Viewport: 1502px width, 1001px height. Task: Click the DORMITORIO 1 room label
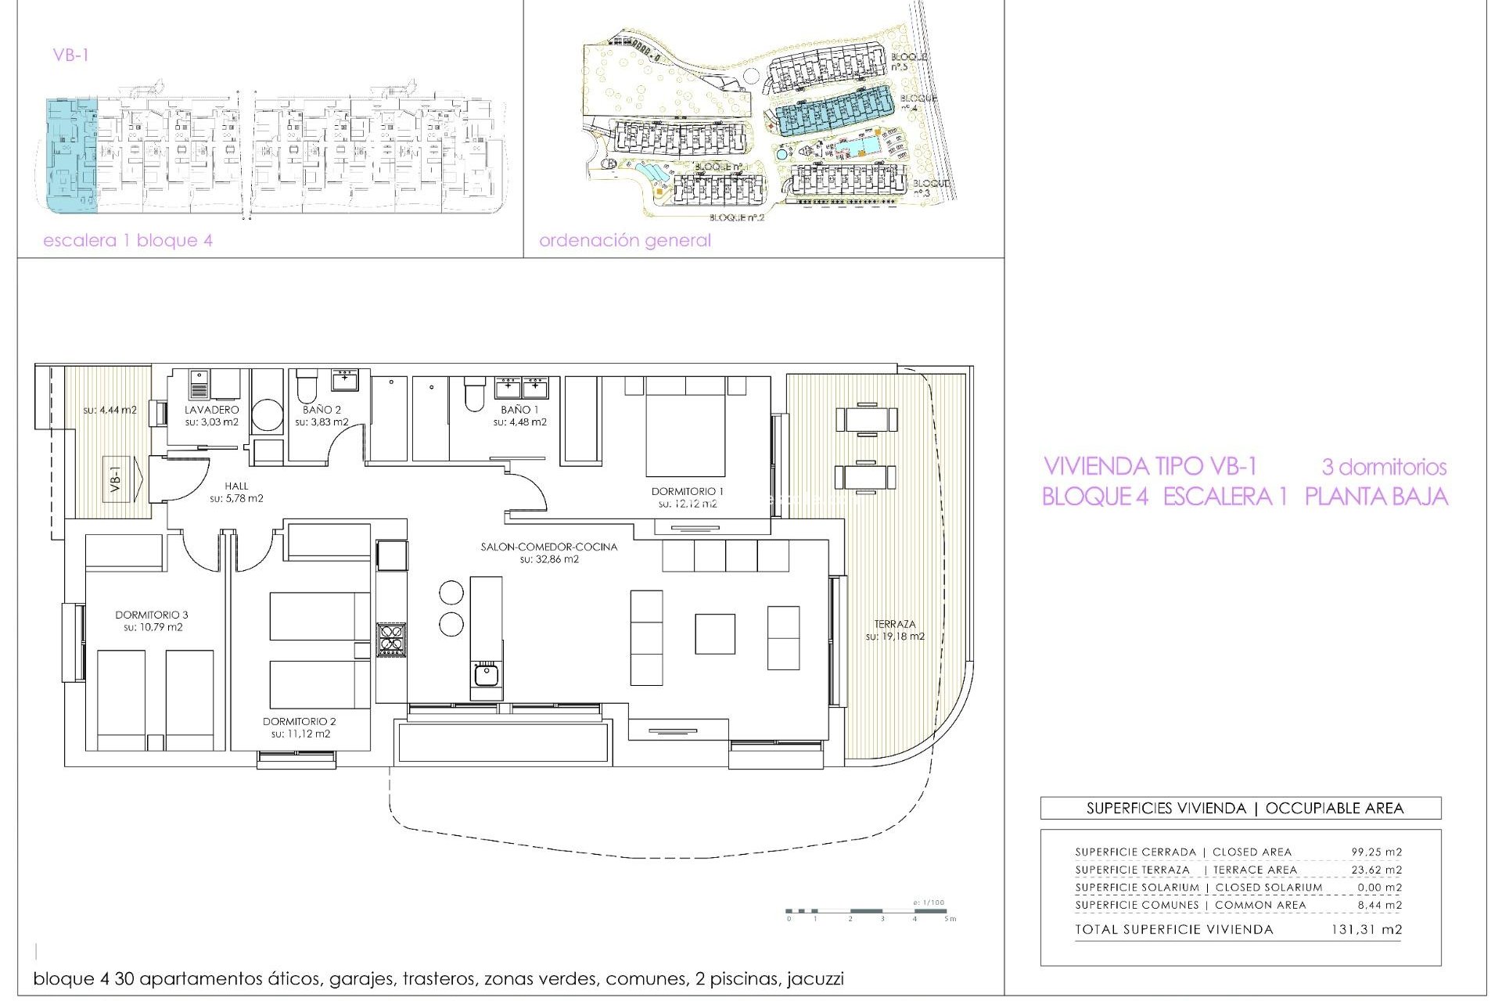(x=687, y=491)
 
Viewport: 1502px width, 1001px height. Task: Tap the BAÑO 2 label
(x=322, y=409)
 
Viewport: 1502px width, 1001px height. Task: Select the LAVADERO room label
(x=211, y=409)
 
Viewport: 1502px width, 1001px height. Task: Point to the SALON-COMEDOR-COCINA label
(x=548, y=547)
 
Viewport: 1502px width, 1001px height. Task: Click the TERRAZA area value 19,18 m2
(x=894, y=637)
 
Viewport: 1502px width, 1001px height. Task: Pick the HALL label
(x=236, y=486)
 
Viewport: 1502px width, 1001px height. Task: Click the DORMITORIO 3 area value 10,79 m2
(x=152, y=627)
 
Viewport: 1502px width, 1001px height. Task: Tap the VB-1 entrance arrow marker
(x=124, y=479)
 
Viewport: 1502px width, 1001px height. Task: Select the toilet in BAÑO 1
(x=474, y=394)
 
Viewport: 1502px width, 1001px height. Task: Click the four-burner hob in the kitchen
(x=390, y=639)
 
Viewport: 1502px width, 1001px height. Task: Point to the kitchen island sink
(x=486, y=673)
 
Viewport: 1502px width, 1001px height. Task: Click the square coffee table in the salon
(x=714, y=633)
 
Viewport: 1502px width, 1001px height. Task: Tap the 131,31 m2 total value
(x=1366, y=929)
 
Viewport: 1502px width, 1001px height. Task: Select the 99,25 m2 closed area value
(x=1376, y=852)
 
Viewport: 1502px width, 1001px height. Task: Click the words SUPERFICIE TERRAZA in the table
(x=1132, y=870)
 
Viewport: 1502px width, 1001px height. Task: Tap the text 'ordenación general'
(x=624, y=240)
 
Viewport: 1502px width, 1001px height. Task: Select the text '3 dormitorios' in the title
(x=1383, y=467)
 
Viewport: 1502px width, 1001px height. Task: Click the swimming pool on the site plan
(x=857, y=146)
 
